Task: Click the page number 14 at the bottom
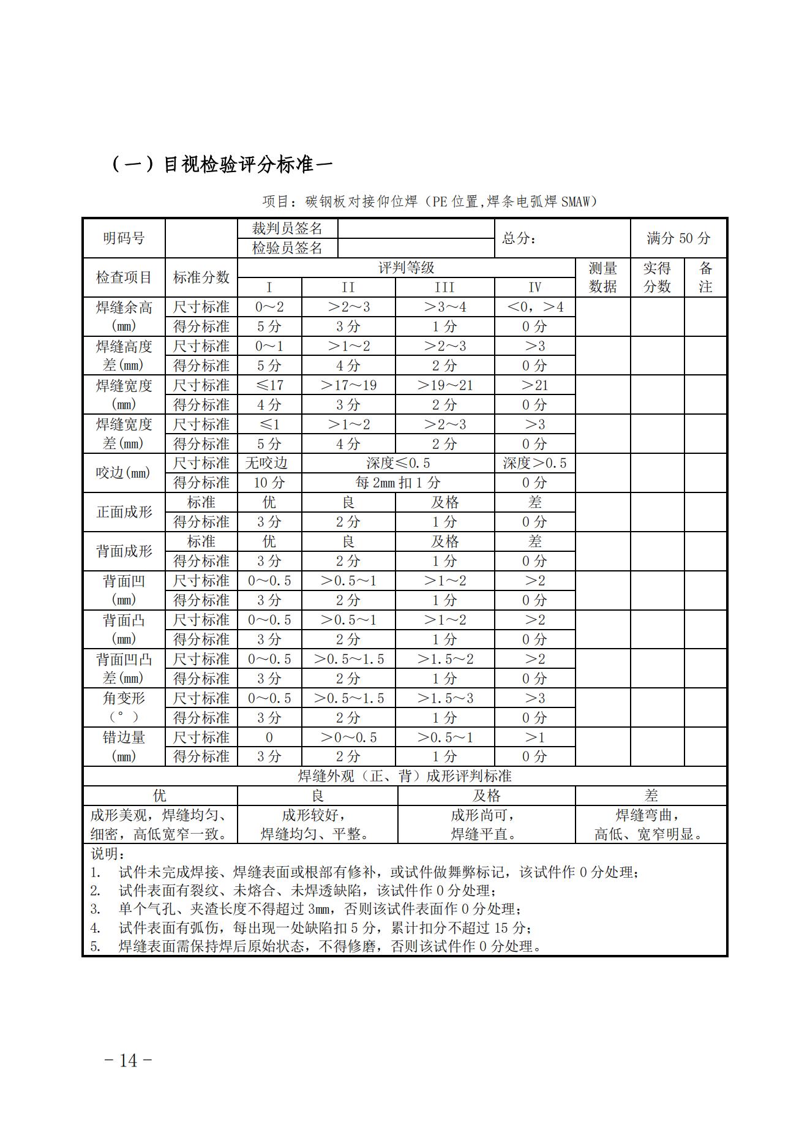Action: pos(129,1060)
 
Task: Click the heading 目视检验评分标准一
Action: pos(222,165)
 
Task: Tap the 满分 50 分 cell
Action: pos(678,238)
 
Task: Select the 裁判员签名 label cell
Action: pos(287,228)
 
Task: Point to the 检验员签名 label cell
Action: pos(287,248)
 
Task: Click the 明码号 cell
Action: pos(124,238)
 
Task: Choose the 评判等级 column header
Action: pos(406,268)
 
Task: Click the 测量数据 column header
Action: pos(602,277)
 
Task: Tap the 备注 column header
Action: pos(705,277)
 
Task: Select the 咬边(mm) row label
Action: pos(124,473)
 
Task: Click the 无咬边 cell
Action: pos(269,463)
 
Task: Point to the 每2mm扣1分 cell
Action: pos(398,483)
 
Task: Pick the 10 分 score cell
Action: pos(269,483)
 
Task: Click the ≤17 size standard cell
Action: pos(269,385)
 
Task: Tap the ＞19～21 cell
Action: pos(444,385)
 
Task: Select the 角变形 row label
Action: pos(124,698)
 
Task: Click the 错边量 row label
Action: pos(124,737)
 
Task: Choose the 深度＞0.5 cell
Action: pos(534,463)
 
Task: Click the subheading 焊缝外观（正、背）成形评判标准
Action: pos(405,776)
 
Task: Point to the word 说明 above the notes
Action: pos(107,853)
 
